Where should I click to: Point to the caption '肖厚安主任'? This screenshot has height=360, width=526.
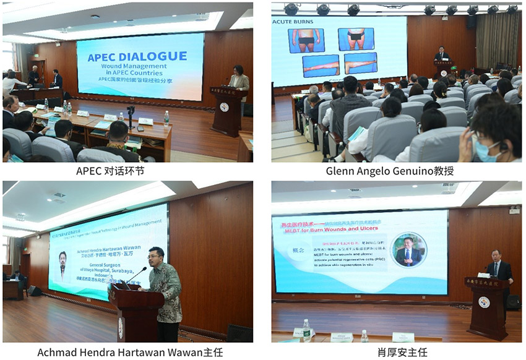[x=396, y=351]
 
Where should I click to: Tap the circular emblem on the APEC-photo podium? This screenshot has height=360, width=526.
[x=223, y=107]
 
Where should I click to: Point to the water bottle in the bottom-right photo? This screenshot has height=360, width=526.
[x=306, y=331]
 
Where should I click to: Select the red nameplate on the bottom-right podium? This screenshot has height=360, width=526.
[x=485, y=283]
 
